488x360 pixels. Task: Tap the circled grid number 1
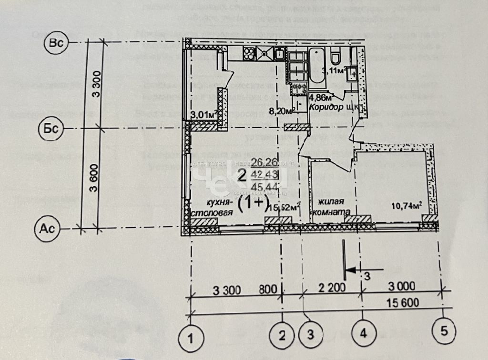click(191, 340)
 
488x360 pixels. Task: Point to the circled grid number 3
click(310, 334)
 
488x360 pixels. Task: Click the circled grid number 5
click(444, 330)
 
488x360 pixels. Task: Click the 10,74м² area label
click(407, 206)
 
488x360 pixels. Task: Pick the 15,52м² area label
click(285, 207)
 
